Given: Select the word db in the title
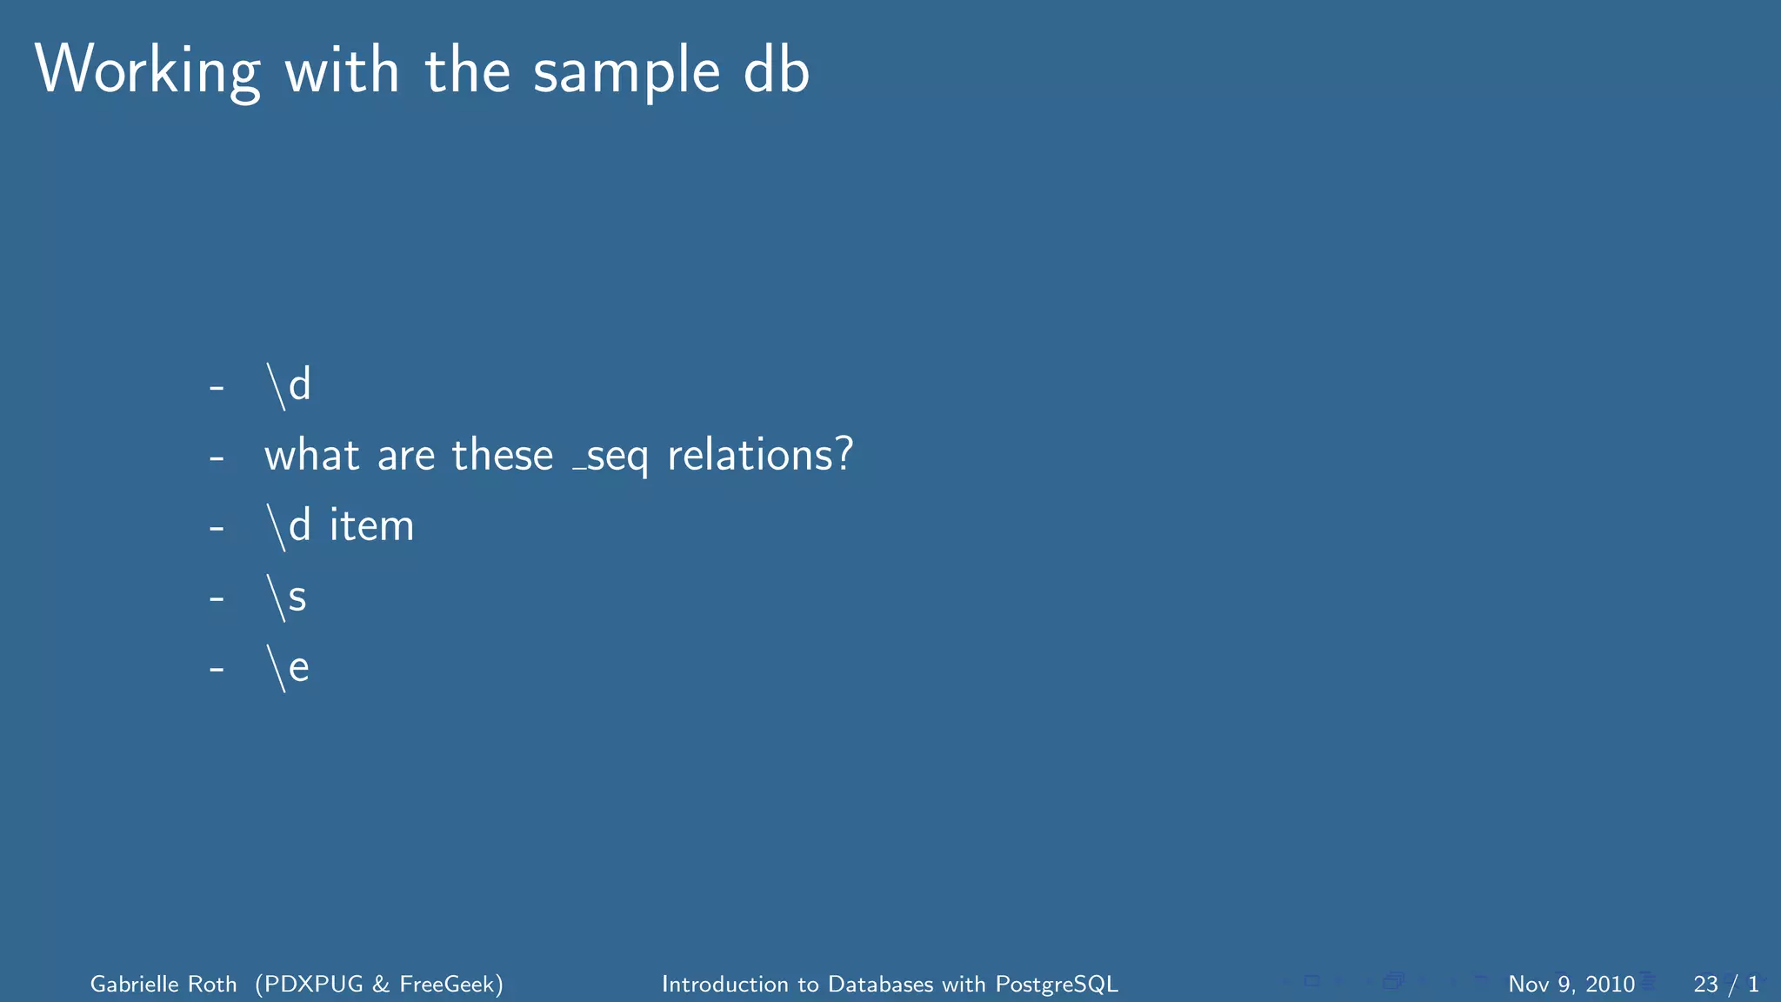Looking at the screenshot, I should tap(777, 70).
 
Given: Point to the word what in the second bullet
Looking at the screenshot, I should tap(311, 455).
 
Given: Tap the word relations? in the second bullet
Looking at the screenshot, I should tap(760, 455).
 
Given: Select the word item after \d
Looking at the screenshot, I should tap(371, 526).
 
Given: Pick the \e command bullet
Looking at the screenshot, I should tap(288, 668).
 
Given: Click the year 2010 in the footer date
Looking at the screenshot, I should tap(1610, 984).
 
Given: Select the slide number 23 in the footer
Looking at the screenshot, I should tap(1705, 984).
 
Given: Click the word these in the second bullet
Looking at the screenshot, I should tap(502, 455).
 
